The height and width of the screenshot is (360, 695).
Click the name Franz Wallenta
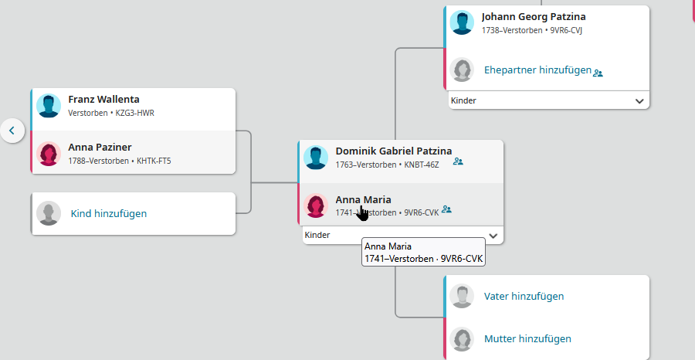[x=103, y=100]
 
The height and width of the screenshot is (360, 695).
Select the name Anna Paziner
[x=100, y=148]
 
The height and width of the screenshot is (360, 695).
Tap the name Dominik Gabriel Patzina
[x=394, y=151]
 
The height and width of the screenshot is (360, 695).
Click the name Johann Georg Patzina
[x=534, y=17]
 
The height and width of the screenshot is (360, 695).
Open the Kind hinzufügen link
[x=109, y=214]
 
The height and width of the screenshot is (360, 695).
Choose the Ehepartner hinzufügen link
[x=537, y=70]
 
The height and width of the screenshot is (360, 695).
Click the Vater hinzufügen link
[x=524, y=296]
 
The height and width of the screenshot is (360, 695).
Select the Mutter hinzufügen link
[x=527, y=339]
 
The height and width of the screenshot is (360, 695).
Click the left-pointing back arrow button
[x=12, y=131]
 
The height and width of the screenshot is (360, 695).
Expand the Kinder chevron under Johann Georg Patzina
[x=639, y=101]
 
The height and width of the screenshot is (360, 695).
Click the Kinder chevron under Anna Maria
[x=493, y=236]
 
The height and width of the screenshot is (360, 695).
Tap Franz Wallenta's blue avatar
[x=49, y=106]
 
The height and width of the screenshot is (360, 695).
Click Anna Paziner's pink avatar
[x=49, y=154]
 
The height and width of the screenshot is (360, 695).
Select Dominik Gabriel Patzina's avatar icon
[x=316, y=158]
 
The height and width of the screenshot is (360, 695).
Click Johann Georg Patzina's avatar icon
[x=462, y=22]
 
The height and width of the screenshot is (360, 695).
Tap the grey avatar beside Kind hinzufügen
[x=49, y=213]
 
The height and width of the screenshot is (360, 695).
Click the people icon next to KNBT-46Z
[x=458, y=161]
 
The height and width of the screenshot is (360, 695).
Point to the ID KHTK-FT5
[x=154, y=161]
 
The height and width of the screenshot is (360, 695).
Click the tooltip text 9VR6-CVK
[x=462, y=259]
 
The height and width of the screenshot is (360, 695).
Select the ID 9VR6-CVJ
[x=566, y=31]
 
